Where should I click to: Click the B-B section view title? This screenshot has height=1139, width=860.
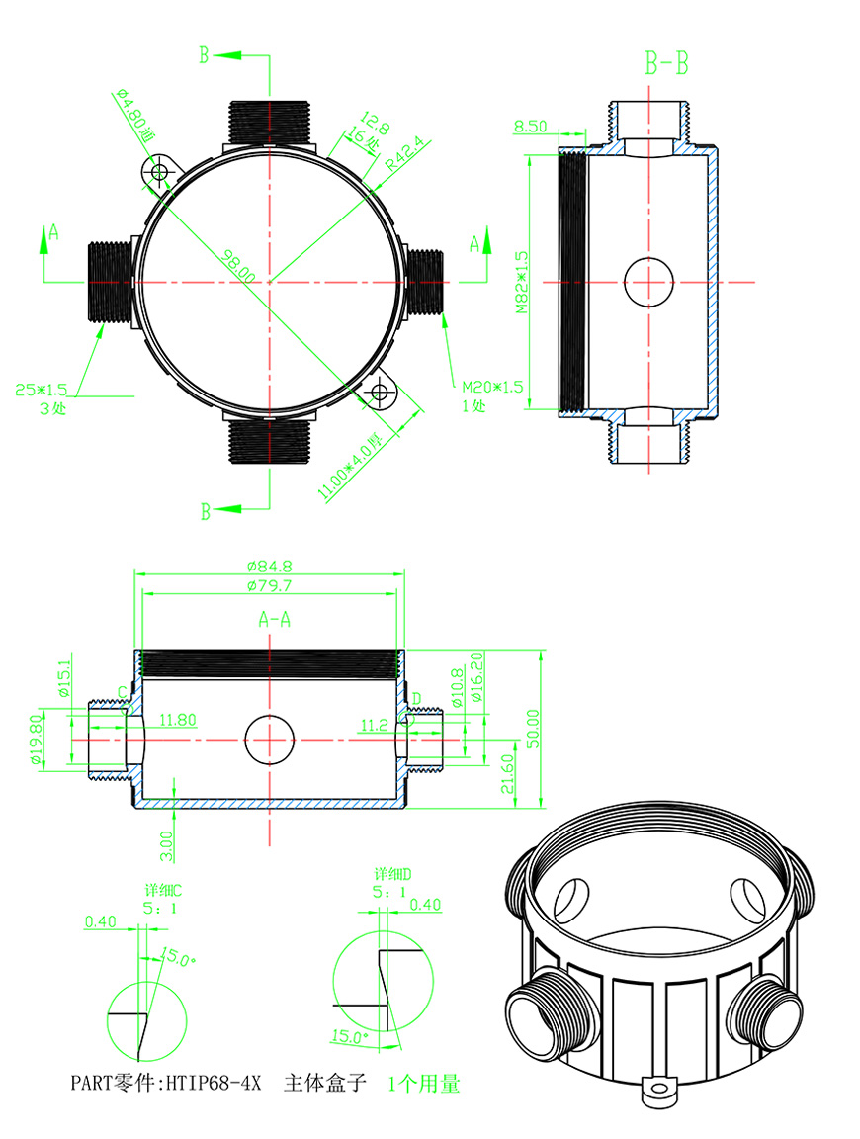(x=667, y=65)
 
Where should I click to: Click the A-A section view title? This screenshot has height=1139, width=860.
(x=274, y=620)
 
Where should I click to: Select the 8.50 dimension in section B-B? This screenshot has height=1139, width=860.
(x=531, y=127)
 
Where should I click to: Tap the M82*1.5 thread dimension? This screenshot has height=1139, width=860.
(x=522, y=282)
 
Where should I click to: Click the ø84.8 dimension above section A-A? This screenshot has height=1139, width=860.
(x=269, y=567)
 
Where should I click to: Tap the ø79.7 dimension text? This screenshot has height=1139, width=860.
(x=269, y=585)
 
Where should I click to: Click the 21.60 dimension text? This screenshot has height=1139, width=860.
(x=509, y=773)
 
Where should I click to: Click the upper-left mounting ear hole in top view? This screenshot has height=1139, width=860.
(x=159, y=173)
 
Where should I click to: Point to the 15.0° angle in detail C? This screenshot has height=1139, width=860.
(x=178, y=958)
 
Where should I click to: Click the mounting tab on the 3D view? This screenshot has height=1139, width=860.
(x=657, y=1091)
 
